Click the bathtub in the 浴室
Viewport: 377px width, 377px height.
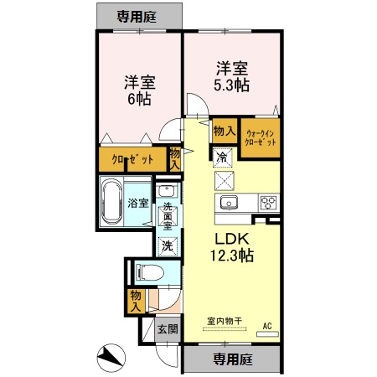pos(111,202)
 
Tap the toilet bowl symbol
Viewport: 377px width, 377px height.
pos(149,272)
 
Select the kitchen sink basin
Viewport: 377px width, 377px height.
pos(229,203)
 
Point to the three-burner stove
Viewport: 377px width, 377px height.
pos(269,203)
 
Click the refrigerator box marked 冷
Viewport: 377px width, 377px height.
pos(223,158)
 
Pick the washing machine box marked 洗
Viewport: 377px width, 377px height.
pos(168,246)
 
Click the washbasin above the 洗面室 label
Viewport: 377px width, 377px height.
pos(167,192)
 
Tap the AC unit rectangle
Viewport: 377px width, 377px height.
pos(267,334)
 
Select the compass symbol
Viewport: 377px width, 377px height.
pos(111,358)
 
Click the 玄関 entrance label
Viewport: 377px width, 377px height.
pos(168,329)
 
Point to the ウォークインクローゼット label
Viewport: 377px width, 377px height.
pos(261,138)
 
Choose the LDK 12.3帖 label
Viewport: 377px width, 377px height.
pos(232,247)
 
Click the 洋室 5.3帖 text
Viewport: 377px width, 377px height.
pos(232,77)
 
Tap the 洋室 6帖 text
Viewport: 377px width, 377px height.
pos(140,90)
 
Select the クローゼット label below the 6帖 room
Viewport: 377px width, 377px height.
pos(132,160)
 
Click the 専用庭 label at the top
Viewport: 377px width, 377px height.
pos(137,17)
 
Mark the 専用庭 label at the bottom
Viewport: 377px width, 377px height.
pos(233,359)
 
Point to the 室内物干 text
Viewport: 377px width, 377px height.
pos(225,321)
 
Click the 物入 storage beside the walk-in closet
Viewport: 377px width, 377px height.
pos(225,131)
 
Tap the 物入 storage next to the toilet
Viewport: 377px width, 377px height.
pos(136,301)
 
